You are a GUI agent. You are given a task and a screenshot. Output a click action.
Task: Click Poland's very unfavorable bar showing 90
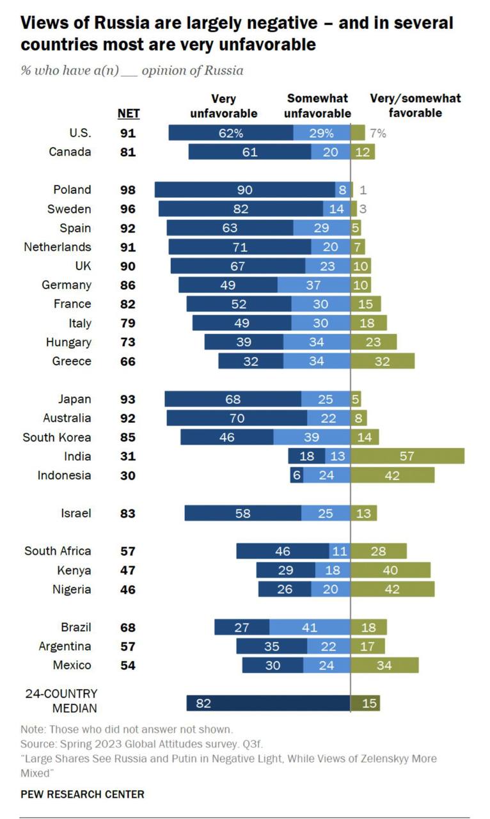pos(244,189)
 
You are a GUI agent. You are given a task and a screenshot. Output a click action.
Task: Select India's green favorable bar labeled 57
pos(407,456)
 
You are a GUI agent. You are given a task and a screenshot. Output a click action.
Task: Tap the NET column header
pos(129,115)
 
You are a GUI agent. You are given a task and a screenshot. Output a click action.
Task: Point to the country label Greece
pos(72,361)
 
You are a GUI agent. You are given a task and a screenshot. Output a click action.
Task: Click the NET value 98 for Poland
pos(128,189)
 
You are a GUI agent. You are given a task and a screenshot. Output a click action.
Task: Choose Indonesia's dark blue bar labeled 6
pos(296,475)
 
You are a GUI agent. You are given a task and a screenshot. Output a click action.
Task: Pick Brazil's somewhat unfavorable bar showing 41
pos(310,628)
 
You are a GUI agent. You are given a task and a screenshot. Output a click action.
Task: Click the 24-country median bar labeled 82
pos(268,703)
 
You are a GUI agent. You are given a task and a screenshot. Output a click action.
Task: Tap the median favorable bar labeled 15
pos(366,703)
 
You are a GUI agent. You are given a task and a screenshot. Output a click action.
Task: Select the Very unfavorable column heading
pos(224,106)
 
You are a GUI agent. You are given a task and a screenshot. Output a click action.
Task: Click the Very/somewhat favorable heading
pos(415,106)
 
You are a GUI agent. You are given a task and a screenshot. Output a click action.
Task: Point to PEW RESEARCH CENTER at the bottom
pos(83,794)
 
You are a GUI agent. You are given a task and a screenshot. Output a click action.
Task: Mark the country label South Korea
pos(57,437)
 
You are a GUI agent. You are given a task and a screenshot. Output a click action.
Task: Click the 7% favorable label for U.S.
pos(377,133)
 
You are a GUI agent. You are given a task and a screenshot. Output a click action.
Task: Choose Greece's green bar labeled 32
pos(383,361)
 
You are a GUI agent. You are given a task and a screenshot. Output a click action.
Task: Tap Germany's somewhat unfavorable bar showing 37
pos(314,285)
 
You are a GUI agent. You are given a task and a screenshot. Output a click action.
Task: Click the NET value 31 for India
pos(128,456)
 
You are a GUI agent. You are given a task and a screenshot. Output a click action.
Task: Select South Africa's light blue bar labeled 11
pos(340,551)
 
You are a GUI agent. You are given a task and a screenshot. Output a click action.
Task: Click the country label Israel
pos(76,513)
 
